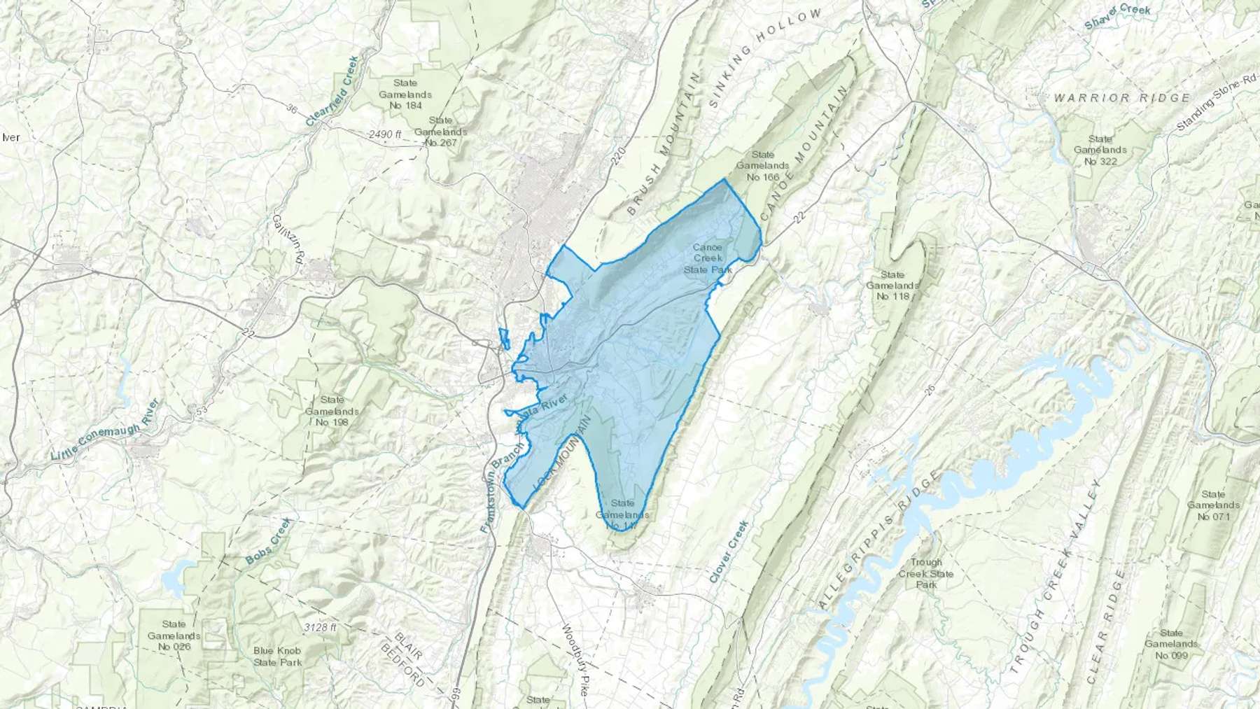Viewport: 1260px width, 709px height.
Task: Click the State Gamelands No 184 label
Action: [x=405, y=94]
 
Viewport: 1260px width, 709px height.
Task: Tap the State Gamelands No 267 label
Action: [x=440, y=132]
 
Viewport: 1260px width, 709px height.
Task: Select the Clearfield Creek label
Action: [x=332, y=92]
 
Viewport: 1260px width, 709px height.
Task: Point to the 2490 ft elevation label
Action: [x=386, y=134]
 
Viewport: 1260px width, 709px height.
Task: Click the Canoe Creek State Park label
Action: [x=707, y=258]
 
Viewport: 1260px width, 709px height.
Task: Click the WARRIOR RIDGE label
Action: [x=1122, y=98]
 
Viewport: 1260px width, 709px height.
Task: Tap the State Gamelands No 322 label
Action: [x=1100, y=150]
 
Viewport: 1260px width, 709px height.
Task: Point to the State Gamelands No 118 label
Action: [x=892, y=286]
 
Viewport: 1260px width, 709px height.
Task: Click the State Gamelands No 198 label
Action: [x=332, y=411]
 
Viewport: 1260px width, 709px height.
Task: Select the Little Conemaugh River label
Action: [x=106, y=430]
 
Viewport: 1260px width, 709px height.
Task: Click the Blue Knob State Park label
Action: [x=277, y=656]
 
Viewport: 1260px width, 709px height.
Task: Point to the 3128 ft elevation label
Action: [x=321, y=627]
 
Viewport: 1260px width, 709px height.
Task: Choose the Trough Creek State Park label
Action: [x=926, y=573]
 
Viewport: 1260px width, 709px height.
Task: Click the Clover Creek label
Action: [x=729, y=552]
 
